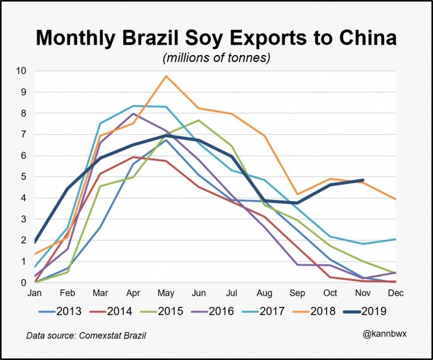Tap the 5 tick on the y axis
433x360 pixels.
[24, 177]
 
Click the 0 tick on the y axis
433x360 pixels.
[24, 283]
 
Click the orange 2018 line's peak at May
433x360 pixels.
[166, 76]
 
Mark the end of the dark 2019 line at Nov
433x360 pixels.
[362, 180]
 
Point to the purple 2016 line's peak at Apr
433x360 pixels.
[133, 114]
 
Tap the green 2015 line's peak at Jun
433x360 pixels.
[199, 120]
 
